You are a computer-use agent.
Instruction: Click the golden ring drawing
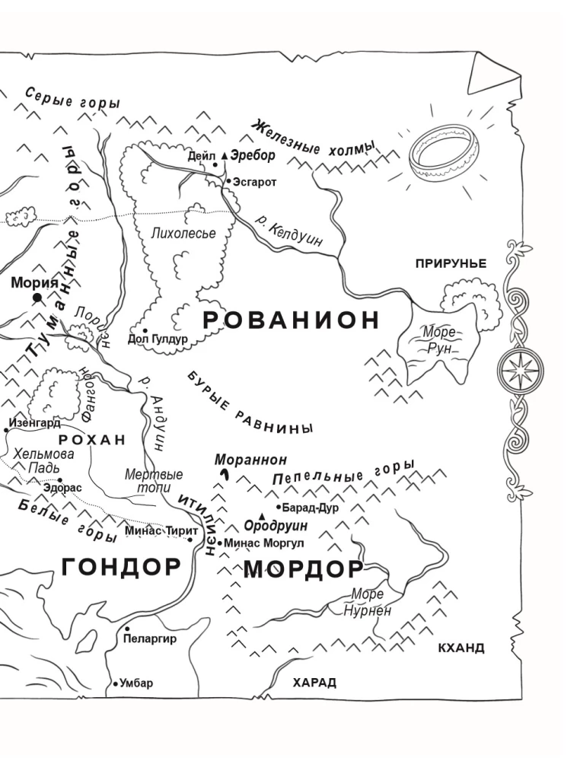tap(438, 152)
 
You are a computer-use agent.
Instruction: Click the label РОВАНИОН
tap(292, 320)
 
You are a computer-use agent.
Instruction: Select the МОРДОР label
tap(304, 569)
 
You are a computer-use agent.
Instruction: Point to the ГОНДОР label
tap(121, 566)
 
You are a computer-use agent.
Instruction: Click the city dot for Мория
tap(37, 300)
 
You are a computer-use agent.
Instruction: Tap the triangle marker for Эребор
tap(224, 155)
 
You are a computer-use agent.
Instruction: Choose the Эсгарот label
tap(256, 183)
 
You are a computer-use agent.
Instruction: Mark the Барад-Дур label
tap(311, 508)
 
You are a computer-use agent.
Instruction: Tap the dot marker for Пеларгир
tap(127, 629)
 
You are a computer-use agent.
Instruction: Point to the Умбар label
tap(136, 683)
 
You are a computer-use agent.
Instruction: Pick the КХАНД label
tap(461, 648)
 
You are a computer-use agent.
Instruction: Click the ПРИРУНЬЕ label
tap(451, 263)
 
